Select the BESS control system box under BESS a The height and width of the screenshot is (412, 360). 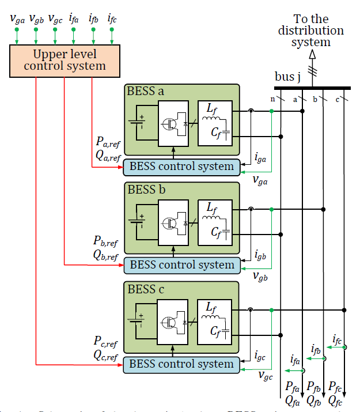(182, 167)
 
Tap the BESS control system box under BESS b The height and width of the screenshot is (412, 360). (182, 265)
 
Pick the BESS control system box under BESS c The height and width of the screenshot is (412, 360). (182, 364)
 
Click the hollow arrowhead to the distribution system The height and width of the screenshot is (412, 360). (312, 55)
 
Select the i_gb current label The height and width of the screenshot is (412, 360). (260, 253)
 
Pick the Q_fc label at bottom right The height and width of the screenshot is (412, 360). (335, 399)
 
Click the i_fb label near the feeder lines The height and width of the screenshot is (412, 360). (316, 349)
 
